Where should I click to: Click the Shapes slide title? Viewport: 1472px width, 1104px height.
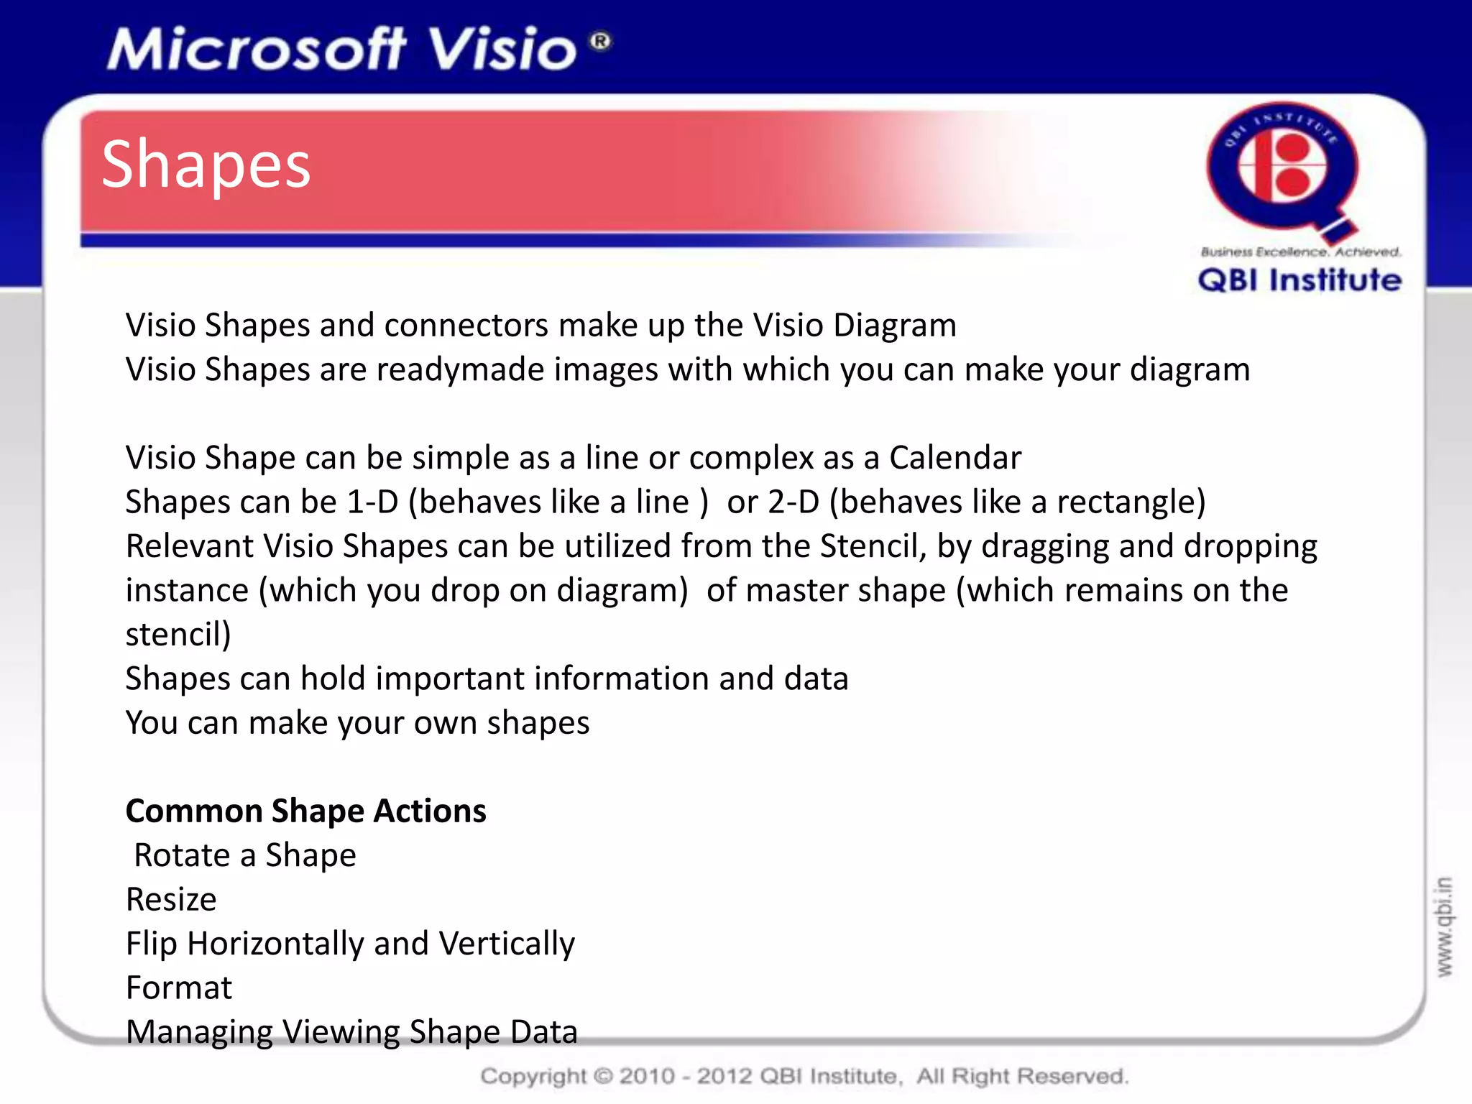coord(206,165)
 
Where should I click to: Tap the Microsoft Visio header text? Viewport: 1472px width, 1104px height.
coord(342,50)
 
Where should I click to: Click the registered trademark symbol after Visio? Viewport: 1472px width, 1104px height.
coord(601,41)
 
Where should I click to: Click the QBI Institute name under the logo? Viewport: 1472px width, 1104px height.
coord(1299,280)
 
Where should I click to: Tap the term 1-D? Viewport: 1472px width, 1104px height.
coord(372,502)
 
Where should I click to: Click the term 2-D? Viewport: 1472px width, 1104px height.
coord(793,502)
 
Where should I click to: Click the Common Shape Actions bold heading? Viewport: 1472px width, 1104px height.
coord(305,811)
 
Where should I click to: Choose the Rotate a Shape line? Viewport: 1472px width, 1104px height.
coord(245,855)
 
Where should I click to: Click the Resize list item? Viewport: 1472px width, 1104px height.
coord(171,900)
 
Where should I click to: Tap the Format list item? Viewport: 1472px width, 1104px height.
coord(179,988)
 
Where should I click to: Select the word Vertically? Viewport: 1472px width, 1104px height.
coord(507,944)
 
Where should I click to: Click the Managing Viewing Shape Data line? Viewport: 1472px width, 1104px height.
coord(351,1032)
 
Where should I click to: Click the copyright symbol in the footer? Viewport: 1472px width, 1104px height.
coord(603,1076)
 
